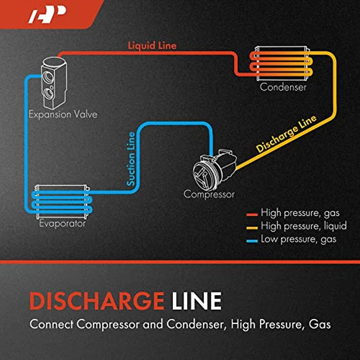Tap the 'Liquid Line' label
(152, 46)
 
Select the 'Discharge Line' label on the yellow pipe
(286, 135)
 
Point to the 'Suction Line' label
(132, 159)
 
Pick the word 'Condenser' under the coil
(283, 87)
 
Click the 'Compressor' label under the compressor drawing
(209, 194)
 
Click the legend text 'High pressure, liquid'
(303, 226)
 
